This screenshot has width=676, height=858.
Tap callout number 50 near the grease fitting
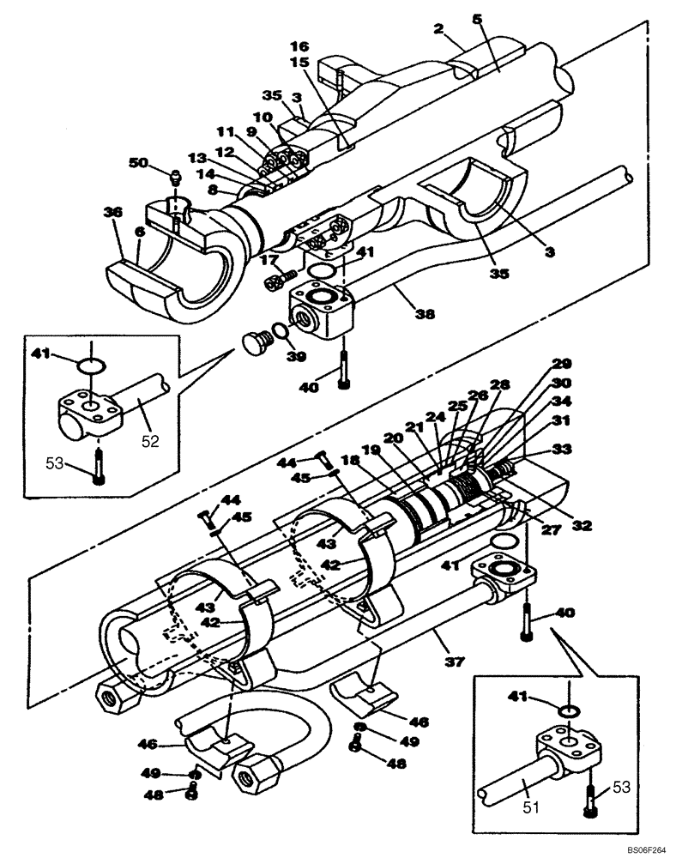(137, 162)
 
